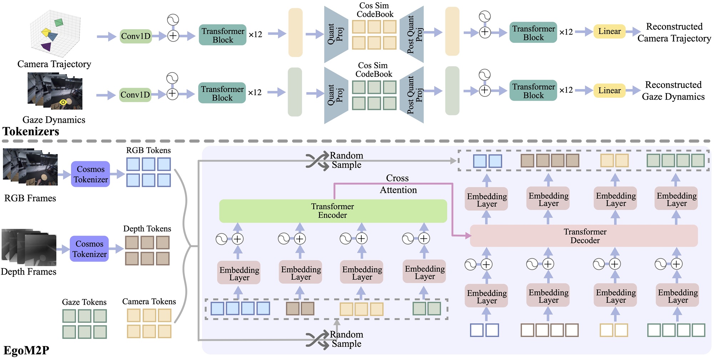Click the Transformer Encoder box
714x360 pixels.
333,211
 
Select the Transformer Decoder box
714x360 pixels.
584,236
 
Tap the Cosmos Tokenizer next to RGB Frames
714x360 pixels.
90,174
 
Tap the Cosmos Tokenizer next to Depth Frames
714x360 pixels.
89,249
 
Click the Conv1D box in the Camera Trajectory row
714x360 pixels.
136,36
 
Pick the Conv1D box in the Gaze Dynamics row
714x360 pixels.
135,95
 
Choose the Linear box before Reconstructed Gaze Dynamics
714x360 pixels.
609,91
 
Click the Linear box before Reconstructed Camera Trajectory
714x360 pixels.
609,31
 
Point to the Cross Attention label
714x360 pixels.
398,184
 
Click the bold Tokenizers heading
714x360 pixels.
31,131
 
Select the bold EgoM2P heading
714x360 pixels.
26,350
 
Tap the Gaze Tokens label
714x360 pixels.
84,302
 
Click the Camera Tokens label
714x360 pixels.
149,301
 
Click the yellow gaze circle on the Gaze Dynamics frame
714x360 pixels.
63,102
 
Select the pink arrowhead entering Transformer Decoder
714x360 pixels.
467,235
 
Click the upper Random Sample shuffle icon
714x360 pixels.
317,161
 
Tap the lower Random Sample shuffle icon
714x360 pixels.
317,340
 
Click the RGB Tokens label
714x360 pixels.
148,150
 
